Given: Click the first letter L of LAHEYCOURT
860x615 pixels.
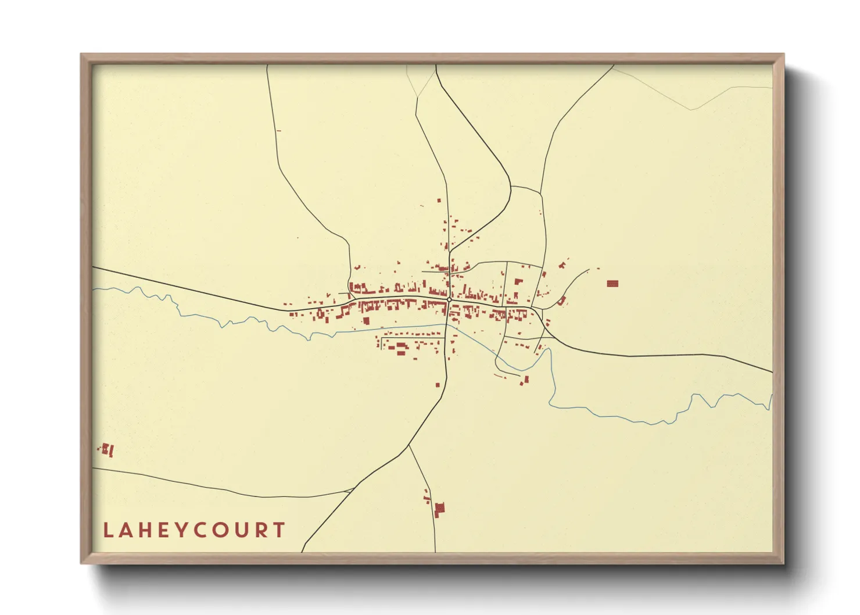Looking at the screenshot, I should pos(107,530).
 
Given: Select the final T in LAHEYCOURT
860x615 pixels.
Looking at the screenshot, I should pos(280,530).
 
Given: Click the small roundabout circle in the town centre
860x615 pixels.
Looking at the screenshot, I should pos(449,299).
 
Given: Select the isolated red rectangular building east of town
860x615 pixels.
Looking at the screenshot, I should pos(612,284).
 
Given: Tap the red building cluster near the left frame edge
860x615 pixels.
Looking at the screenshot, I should pos(107,449).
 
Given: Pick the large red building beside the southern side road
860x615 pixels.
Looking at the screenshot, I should pos(439,509).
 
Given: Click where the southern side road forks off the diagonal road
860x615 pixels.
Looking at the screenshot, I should pos(409,445).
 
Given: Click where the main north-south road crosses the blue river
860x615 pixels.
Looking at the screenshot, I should pos(446,324).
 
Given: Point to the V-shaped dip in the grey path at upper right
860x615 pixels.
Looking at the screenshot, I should pos(691,109).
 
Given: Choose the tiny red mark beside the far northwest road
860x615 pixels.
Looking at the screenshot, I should pos(279,131).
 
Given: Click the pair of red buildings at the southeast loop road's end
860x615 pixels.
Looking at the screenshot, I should pos(525,380).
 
